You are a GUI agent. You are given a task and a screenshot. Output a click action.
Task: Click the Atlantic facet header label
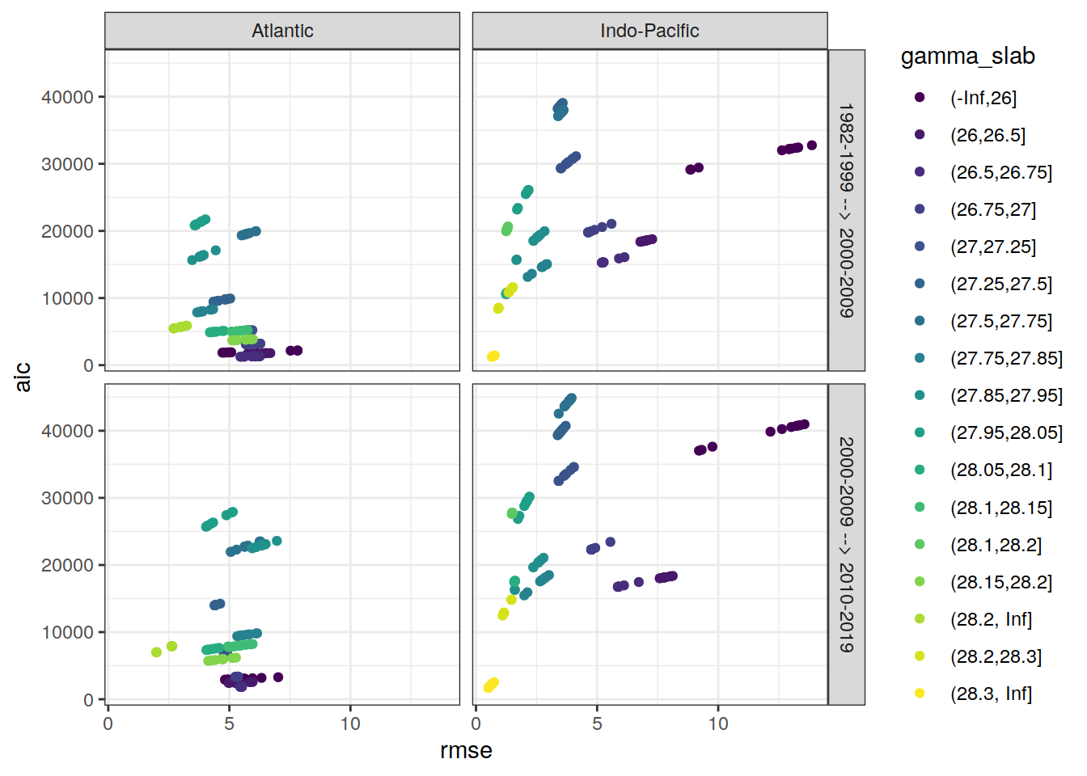[x=282, y=31]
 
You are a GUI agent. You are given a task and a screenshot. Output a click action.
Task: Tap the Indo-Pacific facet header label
[x=649, y=31]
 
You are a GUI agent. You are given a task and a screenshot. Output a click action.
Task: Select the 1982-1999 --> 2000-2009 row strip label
[x=846, y=210]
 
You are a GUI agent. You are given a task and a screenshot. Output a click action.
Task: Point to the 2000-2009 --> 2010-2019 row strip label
[x=846, y=544]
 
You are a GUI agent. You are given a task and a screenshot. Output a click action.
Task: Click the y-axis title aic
[x=23, y=377]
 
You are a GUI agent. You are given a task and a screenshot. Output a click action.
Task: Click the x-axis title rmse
[x=466, y=751]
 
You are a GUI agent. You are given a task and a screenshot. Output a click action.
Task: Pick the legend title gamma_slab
[x=967, y=56]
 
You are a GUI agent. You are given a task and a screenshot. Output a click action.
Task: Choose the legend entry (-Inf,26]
[x=983, y=98]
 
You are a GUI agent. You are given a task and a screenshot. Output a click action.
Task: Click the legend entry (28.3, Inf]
[x=991, y=694]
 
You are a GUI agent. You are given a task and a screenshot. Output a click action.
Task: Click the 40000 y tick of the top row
[x=67, y=97]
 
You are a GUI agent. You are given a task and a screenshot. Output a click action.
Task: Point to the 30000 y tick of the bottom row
[x=67, y=498]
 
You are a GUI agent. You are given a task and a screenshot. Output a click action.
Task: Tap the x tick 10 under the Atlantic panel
[x=350, y=723]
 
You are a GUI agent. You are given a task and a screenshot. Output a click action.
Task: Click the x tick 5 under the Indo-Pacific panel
[x=597, y=723]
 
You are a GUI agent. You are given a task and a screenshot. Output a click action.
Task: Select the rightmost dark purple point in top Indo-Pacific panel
[x=812, y=145]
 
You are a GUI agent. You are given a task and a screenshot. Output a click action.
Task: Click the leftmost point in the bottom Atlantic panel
[x=156, y=652]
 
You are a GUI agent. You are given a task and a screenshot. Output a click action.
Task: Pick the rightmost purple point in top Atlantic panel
[x=298, y=351]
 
